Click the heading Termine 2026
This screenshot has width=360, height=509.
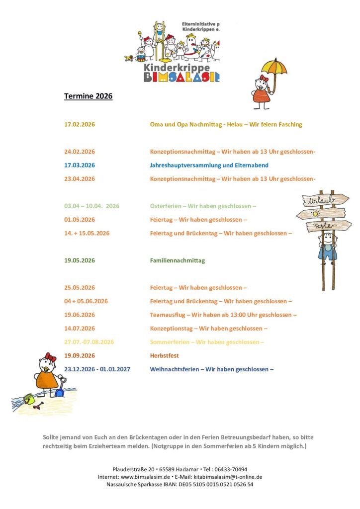(88, 96)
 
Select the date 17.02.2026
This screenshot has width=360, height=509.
(80, 124)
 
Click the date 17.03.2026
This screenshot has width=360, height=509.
(80, 165)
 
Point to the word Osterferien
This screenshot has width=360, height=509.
(166, 206)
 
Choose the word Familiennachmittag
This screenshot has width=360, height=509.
(177, 260)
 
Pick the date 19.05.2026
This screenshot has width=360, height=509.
(80, 260)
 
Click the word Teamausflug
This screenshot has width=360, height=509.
(169, 315)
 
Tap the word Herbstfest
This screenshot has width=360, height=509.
(164, 356)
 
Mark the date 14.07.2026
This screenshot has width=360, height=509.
(80, 329)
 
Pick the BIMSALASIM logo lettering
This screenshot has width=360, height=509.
(181, 77)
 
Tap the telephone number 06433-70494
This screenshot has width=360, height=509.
(230, 469)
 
